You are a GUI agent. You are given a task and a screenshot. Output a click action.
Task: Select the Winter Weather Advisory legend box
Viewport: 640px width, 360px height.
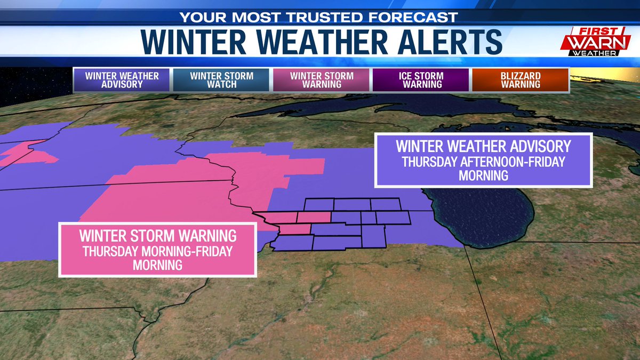point(122,80)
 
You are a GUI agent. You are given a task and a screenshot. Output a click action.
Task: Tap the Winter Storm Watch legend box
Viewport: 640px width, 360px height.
point(221,80)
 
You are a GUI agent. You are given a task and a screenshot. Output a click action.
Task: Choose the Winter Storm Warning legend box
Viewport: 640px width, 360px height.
point(322,80)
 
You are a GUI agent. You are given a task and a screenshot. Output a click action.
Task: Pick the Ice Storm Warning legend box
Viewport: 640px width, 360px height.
point(421,80)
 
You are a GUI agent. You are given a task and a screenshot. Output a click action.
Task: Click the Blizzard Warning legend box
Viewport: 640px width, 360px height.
point(520,80)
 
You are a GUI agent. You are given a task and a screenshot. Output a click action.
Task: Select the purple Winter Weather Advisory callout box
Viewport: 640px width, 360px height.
point(483,161)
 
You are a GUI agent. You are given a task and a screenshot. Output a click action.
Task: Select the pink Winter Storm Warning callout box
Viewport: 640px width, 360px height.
point(158,250)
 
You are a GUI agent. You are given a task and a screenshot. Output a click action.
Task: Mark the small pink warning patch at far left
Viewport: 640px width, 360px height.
point(27,155)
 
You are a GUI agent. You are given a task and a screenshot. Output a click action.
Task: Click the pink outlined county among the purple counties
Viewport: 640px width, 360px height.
point(314,217)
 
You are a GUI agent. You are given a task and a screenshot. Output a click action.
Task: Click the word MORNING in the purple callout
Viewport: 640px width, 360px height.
point(484,175)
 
